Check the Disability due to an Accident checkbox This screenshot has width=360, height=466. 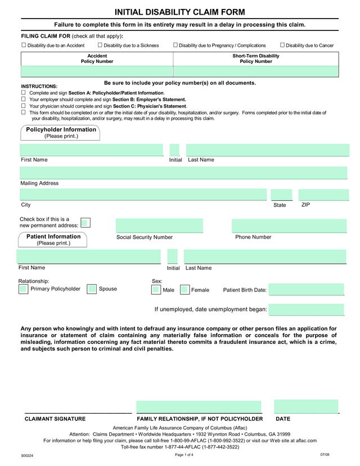pyautogui.click(x=24, y=45)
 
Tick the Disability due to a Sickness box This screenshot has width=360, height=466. pyautogui.click(x=100, y=45)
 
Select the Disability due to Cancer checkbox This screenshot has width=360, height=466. pyautogui.click(x=282, y=45)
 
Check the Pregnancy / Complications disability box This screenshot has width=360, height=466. pyautogui.click(x=175, y=45)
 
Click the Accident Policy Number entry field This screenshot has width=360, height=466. pyautogui.click(x=97, y=71)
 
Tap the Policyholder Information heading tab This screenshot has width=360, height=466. pyautogui.click(x=61, y=133)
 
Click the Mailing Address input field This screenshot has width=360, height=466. pyautogui.click(x=183, y=173)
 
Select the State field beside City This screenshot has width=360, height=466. pyautogui.click(x=281, y=195)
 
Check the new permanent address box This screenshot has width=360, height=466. pyautogui.click(x=85, y=223)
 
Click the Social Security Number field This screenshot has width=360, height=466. pyautogui.click(x=159, y=226)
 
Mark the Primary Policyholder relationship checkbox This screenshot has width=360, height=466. pyautogui.click(x=23, y=289)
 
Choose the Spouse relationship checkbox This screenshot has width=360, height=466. pyautogui.click(x=92, y=289)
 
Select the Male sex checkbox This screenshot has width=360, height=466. pyautogui.click(x=156, y=290)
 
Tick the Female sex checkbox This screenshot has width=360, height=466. pyautogui.click(x=184, y=290)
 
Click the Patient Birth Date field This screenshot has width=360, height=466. pyautogui.click(x=306, y=290)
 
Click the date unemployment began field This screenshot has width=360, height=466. pyautogui.click(x=306, y=310)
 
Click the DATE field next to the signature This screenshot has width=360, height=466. pyautogui.click(x=306, y=407)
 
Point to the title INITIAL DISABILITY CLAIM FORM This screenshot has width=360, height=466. pyautogui.click(x=180, y=12)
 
